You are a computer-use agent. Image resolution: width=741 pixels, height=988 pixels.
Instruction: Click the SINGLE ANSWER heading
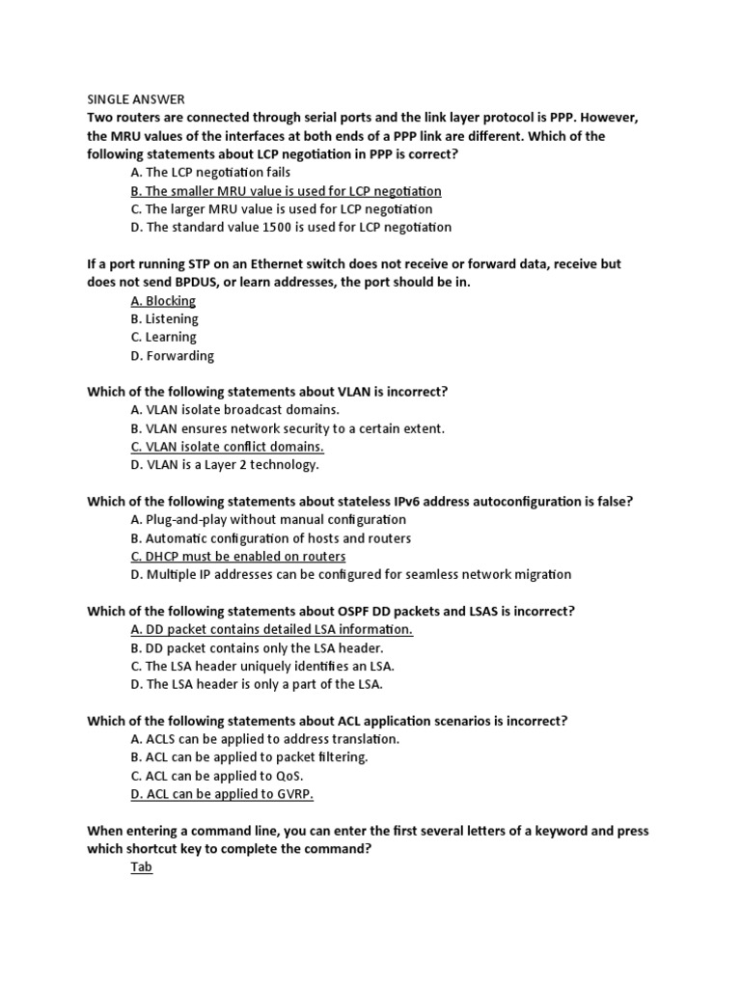[136, 99]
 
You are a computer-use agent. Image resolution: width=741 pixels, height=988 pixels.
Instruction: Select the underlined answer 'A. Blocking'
[163, 301]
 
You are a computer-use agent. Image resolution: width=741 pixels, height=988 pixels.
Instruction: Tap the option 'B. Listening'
[164, 319]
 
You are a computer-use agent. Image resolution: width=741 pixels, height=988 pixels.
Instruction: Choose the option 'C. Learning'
[163, 338]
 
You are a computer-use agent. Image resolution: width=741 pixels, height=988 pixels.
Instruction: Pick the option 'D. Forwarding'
[172, 356]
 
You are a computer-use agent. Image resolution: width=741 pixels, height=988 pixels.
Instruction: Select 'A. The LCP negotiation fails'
[209, 173]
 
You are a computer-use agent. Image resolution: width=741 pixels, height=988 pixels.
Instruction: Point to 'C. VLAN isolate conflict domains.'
[227, 447]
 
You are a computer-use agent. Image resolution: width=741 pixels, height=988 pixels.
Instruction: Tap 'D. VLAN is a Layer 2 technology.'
[224, 465]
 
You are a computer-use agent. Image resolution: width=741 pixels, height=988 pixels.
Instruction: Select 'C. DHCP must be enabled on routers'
[237, 557]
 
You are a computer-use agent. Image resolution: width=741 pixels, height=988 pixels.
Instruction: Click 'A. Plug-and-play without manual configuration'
[268, 520]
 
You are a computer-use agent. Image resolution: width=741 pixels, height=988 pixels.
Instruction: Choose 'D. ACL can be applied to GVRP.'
[222, 794]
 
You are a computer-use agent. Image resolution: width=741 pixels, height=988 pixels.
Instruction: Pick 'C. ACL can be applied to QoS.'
[217, 776]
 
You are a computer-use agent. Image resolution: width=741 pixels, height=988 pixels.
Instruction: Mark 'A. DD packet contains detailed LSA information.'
[271, 629]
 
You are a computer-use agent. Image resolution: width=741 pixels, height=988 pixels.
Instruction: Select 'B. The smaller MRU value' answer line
[286, 191]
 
